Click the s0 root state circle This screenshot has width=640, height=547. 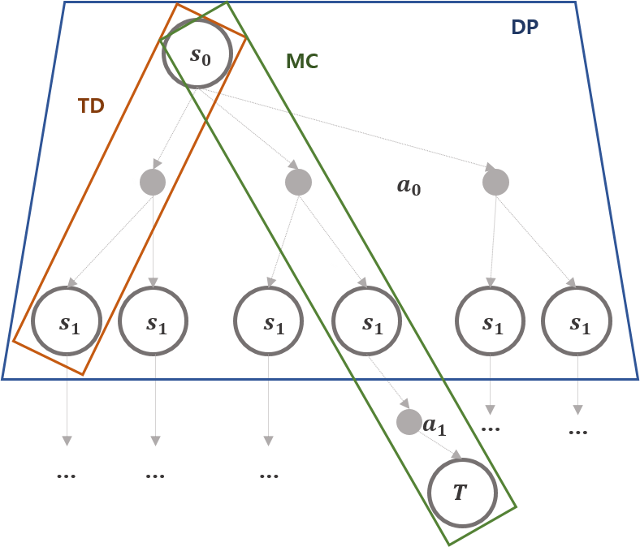(199, 56)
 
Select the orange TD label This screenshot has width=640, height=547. (92, 106)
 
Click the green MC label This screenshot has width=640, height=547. (301, 62)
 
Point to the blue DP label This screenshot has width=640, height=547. (525, 27)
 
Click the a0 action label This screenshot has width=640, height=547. (409, 186)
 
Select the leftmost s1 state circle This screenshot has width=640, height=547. (67, 323)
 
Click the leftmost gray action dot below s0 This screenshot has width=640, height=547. (152, 182)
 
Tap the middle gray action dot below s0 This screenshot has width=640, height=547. (298, 182)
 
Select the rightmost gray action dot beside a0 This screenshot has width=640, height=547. (495, 182)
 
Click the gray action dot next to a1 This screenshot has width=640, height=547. (409, 422)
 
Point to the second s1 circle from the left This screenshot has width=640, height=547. (154, 323)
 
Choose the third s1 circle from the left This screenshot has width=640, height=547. (269, 323)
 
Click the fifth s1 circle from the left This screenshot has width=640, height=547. (490, 323)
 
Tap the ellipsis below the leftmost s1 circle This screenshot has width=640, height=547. (67, 476)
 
